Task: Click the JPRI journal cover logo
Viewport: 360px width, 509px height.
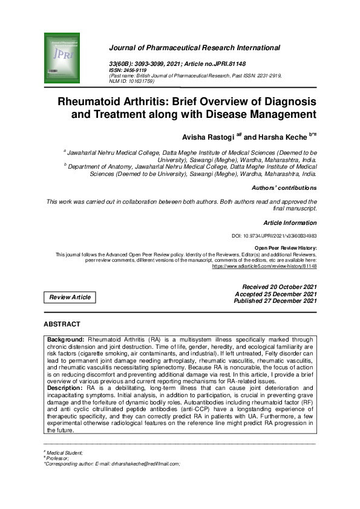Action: (62, 58)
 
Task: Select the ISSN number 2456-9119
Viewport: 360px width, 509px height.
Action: (137, 70)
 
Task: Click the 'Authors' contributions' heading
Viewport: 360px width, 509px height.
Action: (284, 187)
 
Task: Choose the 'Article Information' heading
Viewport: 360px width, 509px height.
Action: (290, 222)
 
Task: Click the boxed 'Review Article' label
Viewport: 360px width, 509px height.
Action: (70, 297)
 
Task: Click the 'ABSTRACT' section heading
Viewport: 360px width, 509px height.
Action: (65, 325)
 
